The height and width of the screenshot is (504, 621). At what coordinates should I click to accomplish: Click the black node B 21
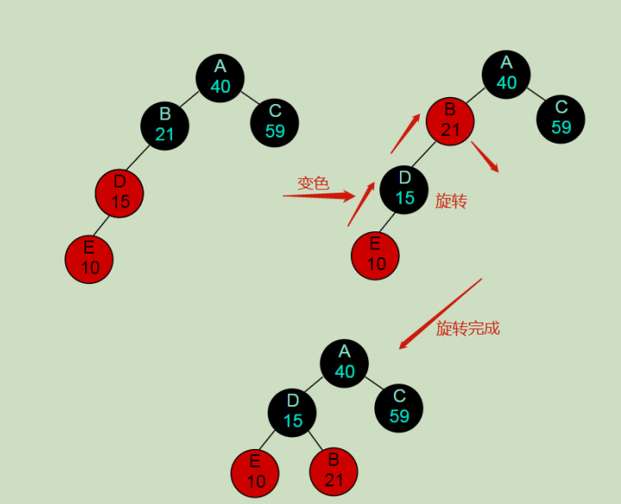pyautogui.click(x=165, y=125)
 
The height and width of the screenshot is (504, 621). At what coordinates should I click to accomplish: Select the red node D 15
pyautogui.click(x=120, y=192)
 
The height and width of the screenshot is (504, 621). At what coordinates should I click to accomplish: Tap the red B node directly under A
pyautogui.click(x=450, y=120)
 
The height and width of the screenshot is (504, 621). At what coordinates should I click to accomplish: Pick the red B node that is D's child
pyautogui.click(x=334, y=471)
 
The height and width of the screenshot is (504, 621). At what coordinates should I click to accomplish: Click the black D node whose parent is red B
pyautogui.click(x=404, y=188)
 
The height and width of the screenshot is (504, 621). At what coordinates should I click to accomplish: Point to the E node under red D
pyautogui.click(x=89, y=258)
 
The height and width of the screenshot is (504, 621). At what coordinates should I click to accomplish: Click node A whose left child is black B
pyautogui.click(x=220, y=77)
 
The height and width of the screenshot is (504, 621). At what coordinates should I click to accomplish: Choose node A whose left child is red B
pyautogui.click(x=507, y=73)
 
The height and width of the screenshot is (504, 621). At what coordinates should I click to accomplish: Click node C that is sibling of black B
pyautogui.click(x=274, y=121)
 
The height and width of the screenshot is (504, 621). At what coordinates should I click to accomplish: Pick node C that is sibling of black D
pyautogui.click(x=398, y=407)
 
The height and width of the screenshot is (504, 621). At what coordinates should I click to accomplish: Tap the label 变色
pyautogui.click(x=313, y=183)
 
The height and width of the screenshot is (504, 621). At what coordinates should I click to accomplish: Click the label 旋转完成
pyautogui.click(x=467, y=329)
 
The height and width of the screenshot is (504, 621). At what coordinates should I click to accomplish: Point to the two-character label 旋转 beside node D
pyautogui.click(x=451, y=201)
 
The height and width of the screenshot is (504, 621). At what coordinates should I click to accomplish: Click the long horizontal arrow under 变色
pyautogui.click(x=318, y=196)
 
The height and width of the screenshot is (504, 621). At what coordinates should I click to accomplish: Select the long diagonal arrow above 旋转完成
pyautogui.click(x=440, y=313)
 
